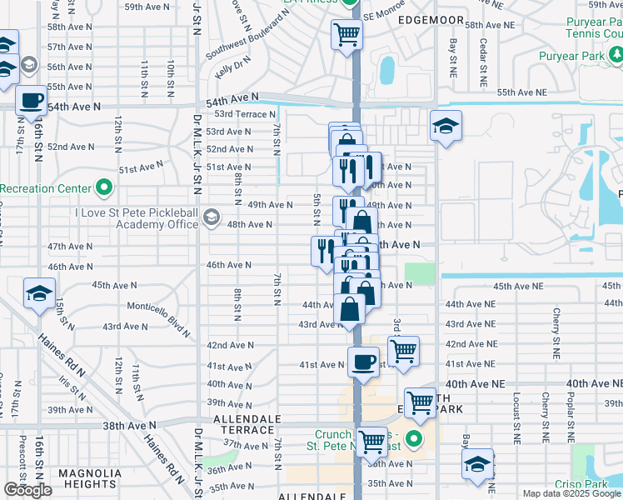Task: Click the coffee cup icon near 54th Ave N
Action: [x=32, y=101]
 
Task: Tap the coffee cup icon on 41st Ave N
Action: [x=362, y=362]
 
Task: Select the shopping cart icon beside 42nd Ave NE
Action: [x=403, y=351]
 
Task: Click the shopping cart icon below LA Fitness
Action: [x=347, y=35]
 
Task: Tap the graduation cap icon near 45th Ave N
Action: [x=39, y=293]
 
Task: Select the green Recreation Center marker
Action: [x=103, y=187]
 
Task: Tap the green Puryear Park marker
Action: [x=616, y=56]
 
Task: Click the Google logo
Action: [x=27, y=490]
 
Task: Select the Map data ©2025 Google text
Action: [x=571, y=493]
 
